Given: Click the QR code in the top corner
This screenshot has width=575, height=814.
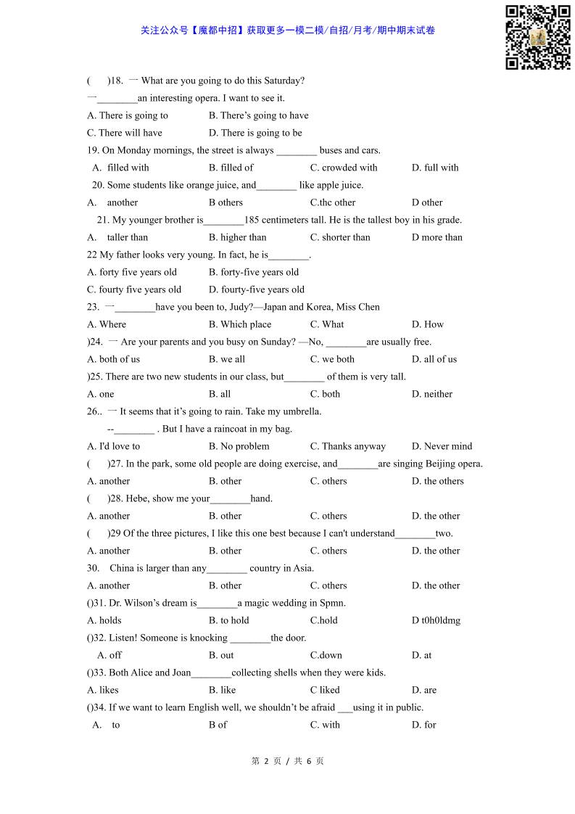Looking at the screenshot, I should [x=537, y=37].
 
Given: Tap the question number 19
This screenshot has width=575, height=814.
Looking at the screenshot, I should [x=93, y=150].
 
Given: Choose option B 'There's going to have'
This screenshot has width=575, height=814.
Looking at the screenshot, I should [x=258, y=115].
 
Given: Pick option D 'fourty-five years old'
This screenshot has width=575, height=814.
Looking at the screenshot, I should [x=257, y=289].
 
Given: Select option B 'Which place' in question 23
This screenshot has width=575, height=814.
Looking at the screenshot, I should [x=240, y=324].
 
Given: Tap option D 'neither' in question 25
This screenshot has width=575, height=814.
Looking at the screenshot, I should [x=432, y=394].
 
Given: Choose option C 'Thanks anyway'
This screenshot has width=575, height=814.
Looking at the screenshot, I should [x=348, y=446].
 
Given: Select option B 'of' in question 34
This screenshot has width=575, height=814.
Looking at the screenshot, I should [x=218, y=725].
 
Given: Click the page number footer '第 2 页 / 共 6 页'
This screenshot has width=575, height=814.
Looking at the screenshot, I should [x=287, y=761].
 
